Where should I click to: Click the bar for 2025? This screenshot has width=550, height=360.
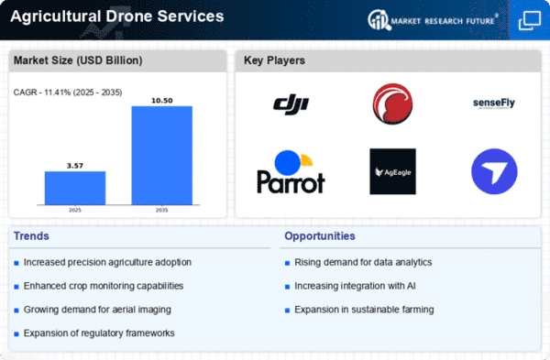[x=75, y=188]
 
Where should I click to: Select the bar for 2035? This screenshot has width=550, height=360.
[x=161, y=156]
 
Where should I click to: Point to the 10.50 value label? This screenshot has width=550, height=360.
[x=161, y=101]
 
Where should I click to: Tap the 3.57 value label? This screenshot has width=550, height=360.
[x=75, y=166]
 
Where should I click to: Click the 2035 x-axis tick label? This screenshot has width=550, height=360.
[x=161, y=211]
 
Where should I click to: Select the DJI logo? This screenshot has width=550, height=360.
[x=291, y=104]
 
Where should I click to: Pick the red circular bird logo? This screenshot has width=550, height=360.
[x=392, y=104]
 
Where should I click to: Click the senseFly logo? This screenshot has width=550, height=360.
[x=493, y=104]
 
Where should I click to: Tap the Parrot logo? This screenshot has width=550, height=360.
[x=291, y=172]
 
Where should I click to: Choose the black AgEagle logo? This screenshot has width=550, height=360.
[x=392, y=171]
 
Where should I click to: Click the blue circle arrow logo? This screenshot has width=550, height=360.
[x=494, y=171]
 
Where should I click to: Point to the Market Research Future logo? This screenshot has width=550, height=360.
[x=433, y=20]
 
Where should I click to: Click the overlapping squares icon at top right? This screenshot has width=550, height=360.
[x=530, y=21]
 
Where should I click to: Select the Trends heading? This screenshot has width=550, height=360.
[x=31, y=236]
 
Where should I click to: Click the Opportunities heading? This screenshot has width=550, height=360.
[x=320, y=236]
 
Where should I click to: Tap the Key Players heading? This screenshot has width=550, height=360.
[x=274, y=60]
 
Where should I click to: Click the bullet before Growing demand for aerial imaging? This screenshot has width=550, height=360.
[x=16, y=311]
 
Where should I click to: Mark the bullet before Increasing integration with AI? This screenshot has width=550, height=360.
[x=287, y=287]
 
